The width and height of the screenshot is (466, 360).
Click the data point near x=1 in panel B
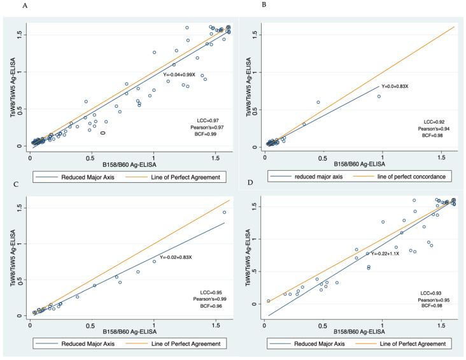[378, 96]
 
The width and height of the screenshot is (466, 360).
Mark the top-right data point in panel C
[224, 212]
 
